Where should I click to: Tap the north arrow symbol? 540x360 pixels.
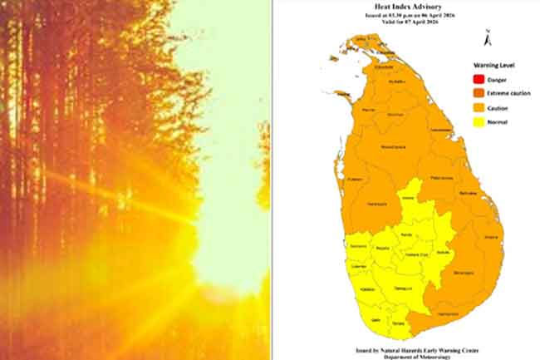click(x=488, y=37)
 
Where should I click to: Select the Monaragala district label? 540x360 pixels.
click(x=463, y=272)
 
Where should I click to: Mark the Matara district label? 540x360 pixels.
click(x=398, y=323)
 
